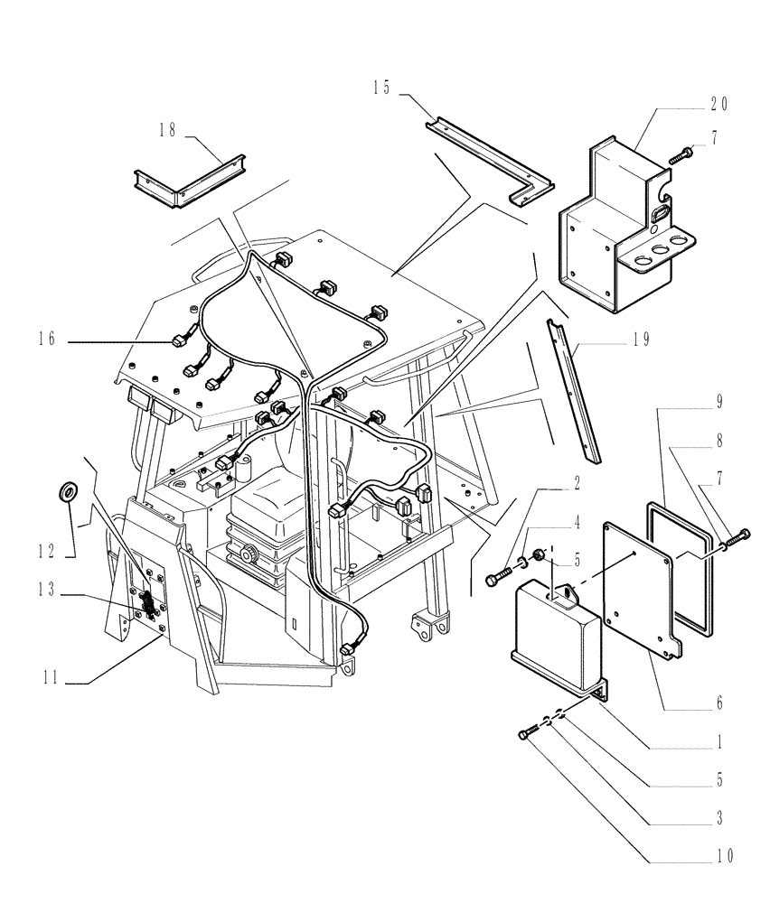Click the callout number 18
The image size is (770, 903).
(x=168, y=131)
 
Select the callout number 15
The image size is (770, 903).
(x=381, y=88)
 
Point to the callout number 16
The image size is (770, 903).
(x=47, y=339)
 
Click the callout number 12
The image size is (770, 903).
(x=47, y=548)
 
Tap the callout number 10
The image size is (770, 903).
(x=720, y=853)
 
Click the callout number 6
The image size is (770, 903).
(x=719, y=702)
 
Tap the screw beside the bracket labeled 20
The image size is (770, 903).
(x=680, y=157)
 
